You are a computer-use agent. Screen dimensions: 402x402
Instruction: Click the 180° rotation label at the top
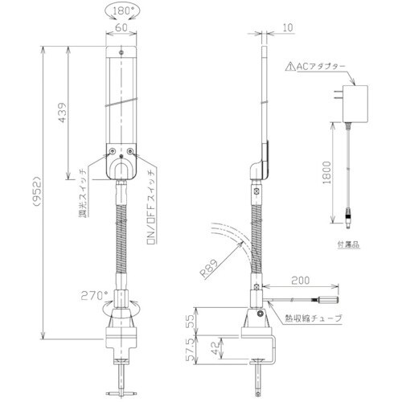(121, 11)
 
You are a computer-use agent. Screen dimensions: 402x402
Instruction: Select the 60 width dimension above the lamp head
(121, 26)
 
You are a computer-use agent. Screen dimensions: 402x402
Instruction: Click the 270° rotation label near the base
(95, 294)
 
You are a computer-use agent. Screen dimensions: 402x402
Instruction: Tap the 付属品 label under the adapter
(346, 241)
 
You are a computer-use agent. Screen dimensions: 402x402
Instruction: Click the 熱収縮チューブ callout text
(314, 318)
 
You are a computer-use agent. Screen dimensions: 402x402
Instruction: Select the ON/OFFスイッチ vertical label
(150, 206)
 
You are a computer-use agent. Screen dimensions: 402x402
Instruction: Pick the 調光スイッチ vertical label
(82, 195)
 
